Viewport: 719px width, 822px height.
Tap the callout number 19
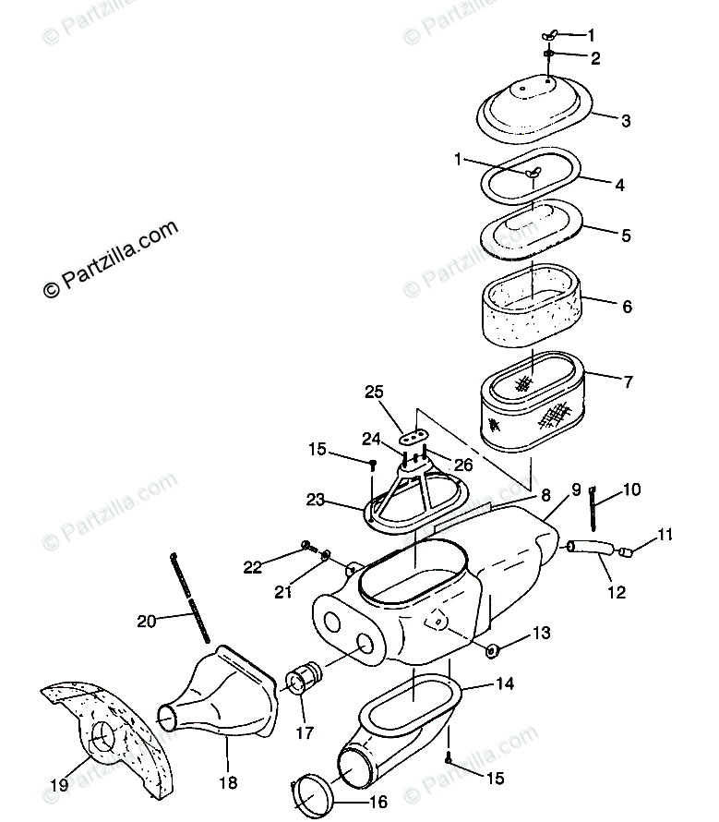pyautogui.click(x=59, y=786)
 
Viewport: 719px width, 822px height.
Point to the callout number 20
pyautogui.click(x=146, y=621)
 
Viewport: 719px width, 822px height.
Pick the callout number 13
pyautogui.click(x=541, y=633)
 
